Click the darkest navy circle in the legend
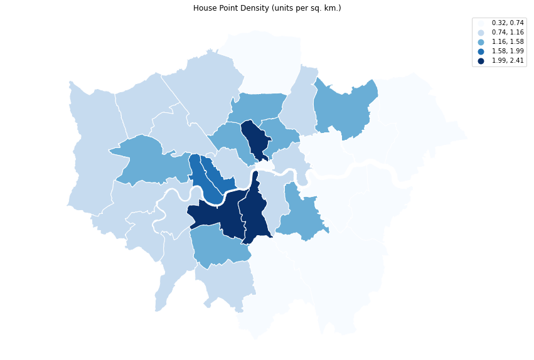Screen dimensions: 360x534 pos(481,60)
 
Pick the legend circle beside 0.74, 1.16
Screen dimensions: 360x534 pos(481,32)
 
